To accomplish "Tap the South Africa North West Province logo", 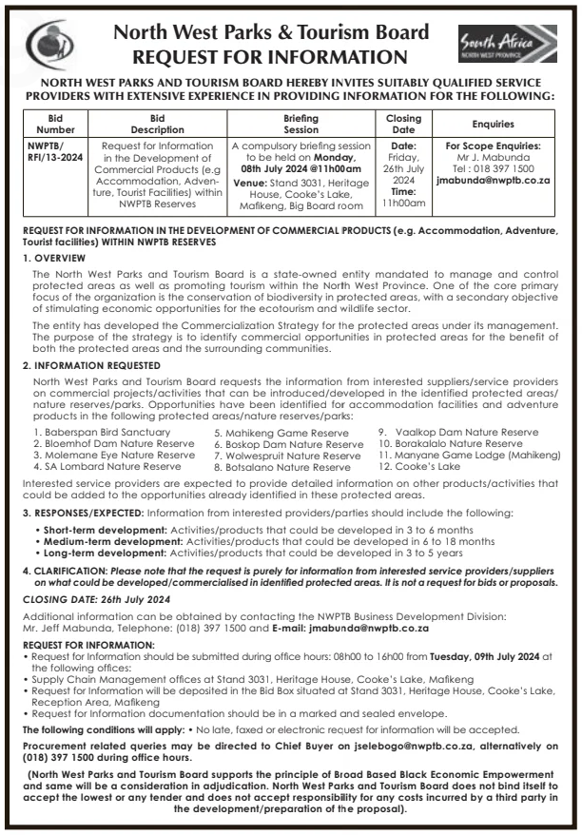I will point(520,45).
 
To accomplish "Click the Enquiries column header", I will point(493,124).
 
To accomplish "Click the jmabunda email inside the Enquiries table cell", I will point(493,178).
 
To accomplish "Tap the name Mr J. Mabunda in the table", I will point(493,157).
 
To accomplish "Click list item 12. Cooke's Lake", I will point(419,467).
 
